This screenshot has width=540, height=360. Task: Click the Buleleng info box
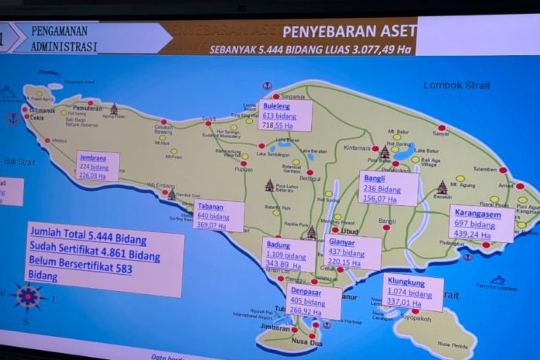285,115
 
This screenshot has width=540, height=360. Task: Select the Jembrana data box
97,166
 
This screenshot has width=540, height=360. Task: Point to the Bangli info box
388,188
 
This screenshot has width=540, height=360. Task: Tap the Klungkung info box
413,291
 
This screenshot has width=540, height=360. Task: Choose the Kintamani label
358,147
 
